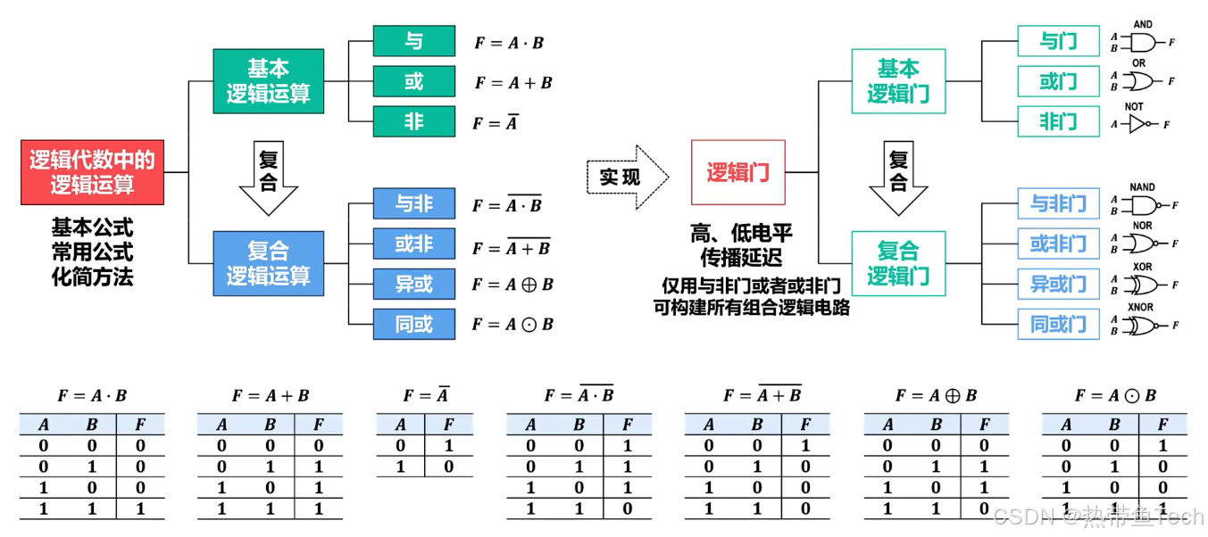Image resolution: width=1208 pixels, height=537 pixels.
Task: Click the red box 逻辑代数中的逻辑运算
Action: click(92, 172)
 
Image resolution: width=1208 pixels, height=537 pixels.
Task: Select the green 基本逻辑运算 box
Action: click(268, 81)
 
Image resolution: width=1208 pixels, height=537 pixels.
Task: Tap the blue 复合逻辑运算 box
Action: click(268, 263)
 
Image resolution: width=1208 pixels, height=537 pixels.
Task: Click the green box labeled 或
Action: click(413, 81)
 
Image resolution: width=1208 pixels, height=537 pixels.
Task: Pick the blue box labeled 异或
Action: click(413, 284)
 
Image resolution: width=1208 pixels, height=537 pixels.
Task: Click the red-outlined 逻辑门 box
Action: click(737, 172)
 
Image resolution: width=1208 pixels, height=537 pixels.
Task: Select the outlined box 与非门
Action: click(1058, 204)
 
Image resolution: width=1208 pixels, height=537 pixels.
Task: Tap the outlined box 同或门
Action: click(1058, 324)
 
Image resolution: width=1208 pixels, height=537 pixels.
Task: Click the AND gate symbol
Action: click(1142, 42)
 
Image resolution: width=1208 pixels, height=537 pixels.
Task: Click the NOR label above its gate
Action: click(1142, 226)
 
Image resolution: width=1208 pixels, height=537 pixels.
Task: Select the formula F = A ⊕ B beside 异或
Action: click(513, 285)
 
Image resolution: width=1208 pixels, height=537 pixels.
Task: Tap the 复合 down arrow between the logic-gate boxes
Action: click(898, 178)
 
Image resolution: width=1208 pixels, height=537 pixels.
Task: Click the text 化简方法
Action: click(92, 277)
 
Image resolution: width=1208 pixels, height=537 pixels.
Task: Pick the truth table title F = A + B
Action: click(271, 395)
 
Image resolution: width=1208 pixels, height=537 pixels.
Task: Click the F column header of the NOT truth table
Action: click(447, 425)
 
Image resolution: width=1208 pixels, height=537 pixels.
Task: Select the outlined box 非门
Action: click(1058, 121)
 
